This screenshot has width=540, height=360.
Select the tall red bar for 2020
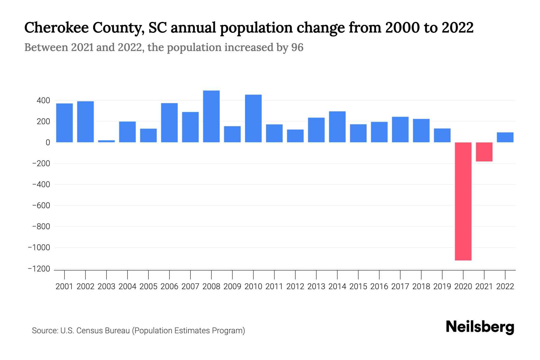(x=463, y=201)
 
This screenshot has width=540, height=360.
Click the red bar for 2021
(x=484, y=152)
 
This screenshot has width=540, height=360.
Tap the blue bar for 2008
(x=211, y=116)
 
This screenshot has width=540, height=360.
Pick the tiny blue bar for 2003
(x=106, y=141)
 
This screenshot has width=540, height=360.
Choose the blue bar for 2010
(x=253, y=118)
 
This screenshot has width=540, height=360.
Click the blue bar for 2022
(x=505, y=137)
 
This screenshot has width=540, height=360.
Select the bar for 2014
(x=337, y=127)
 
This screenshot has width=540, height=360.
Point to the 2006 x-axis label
(x=169, y=286)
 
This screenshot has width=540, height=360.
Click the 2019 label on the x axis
(x=442, y=286)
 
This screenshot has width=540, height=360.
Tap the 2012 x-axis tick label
(x=295, y=286)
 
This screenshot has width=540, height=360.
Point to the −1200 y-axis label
(x=39, y=269)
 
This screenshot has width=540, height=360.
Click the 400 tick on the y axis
(x=43, y=100)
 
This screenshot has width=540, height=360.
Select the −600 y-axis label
(x=41, y=205)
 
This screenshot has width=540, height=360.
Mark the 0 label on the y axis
(x=48, y=142)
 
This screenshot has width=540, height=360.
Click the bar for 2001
(x=64, y=123)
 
